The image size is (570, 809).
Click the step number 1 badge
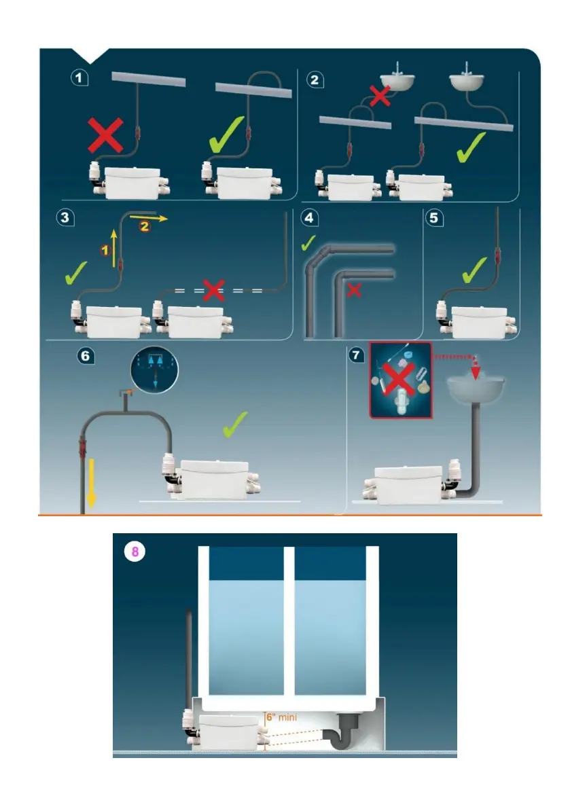point(81,79)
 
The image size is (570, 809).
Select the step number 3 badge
point(65,218)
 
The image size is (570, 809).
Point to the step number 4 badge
point(309,219)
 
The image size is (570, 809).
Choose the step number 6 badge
point(84,355)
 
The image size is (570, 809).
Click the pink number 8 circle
point(135,552)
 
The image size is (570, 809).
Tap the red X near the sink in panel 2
point(380,96)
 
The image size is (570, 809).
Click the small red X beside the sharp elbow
point(354,291)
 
